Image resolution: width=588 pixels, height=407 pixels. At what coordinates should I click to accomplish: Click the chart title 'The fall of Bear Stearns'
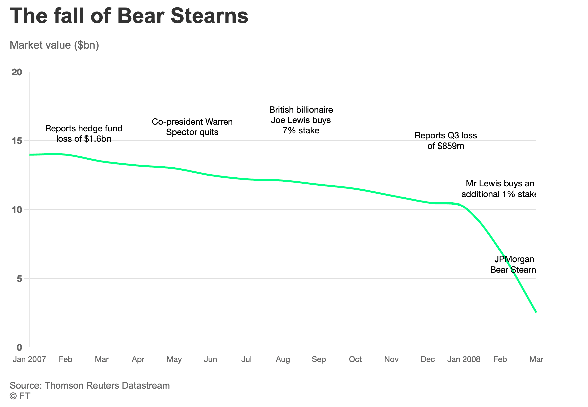click(129, 16)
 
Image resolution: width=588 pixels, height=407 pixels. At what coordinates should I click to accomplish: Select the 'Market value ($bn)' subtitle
click(55, 45)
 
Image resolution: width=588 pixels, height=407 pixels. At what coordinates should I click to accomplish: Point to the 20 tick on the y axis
click(17, 72)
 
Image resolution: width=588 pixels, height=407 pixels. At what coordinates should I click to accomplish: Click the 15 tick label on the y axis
click(17, 141)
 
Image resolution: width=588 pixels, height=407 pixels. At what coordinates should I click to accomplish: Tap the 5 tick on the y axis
click(19, 278)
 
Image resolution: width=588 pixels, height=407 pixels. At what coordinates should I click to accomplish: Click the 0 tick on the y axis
click(19, 347)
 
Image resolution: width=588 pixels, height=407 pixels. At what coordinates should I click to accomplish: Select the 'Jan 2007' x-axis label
click(29, 359)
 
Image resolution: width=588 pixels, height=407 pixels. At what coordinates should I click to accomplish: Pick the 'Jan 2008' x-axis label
click(464, 359)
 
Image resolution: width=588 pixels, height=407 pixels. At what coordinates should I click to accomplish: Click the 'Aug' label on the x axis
click(283, 359)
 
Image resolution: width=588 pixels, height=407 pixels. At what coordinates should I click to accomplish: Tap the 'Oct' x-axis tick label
click(355, 359)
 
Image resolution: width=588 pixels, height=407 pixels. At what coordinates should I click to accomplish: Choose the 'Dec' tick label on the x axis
click(428, 359)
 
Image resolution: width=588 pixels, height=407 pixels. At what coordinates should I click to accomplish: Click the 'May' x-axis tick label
click(174, 359)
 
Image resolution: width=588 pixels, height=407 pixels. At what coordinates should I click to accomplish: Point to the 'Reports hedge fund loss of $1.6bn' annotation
click(84, 134)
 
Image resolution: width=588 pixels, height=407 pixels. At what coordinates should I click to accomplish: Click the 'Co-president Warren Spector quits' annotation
click(192, 127)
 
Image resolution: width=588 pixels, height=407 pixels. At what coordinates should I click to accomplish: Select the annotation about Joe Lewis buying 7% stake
click(301, 120)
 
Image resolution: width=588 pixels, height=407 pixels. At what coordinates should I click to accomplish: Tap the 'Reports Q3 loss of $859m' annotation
click(446, 141)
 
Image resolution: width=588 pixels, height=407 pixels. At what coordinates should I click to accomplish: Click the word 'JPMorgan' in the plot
click(514, 259)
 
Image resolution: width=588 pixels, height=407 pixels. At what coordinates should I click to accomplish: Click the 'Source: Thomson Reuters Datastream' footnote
click(90, 385)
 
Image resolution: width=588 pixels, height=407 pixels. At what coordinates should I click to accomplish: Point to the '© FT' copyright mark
click(20, 396)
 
